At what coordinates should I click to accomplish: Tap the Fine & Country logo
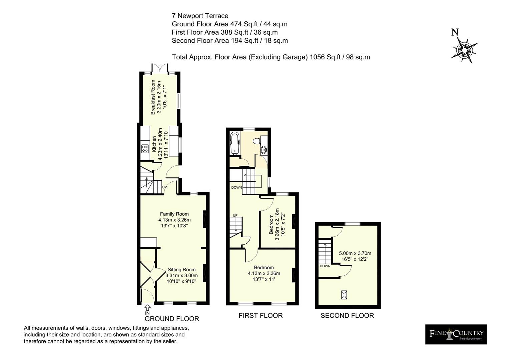[456, 334]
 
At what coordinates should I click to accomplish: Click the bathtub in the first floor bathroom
[235, 143]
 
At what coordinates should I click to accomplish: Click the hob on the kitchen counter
[145, 148]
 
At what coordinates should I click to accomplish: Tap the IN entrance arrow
[147, 308]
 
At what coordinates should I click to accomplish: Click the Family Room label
[174, 214]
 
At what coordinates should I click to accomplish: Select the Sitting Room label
[181, 270]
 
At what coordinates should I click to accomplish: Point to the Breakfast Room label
[153, 97]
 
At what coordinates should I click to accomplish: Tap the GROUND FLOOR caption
[172, 319]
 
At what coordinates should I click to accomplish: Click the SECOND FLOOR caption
[347, 315]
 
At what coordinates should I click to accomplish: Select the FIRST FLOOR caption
[261, 315]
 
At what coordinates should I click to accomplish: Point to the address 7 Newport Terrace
[200, 16]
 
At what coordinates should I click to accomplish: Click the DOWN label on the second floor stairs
[325, 266]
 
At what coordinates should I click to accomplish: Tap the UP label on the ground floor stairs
[164, 187]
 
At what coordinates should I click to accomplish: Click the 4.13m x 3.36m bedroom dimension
[264, 273]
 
